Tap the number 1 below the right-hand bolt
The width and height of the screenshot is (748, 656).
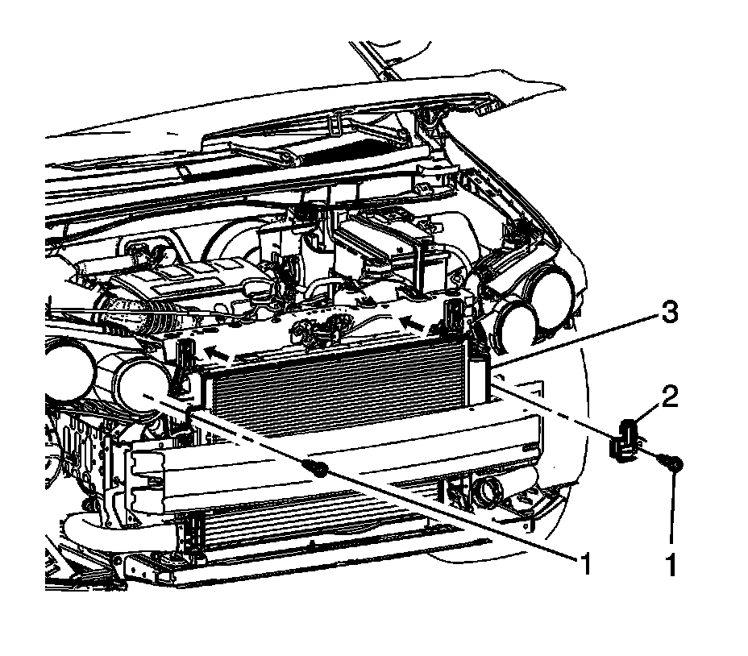(x=669, y=566)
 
